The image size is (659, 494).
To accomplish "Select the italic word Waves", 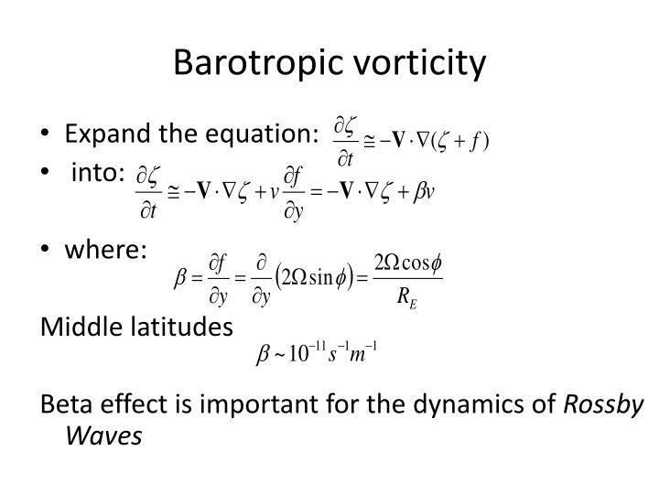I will click(x=103, y=435).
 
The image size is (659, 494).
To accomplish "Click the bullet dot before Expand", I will click(x=47, y=134).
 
